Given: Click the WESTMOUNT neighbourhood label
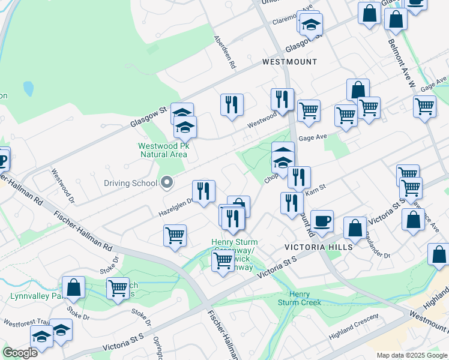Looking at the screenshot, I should [289, 62].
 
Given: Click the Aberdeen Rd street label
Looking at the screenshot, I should [225, 51].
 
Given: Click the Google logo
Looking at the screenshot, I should [20, 352].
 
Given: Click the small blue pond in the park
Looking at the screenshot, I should [28, 89].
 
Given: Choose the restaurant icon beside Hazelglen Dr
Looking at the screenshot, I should [204, 191].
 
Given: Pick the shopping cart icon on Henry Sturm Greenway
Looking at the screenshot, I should [223, 261].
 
